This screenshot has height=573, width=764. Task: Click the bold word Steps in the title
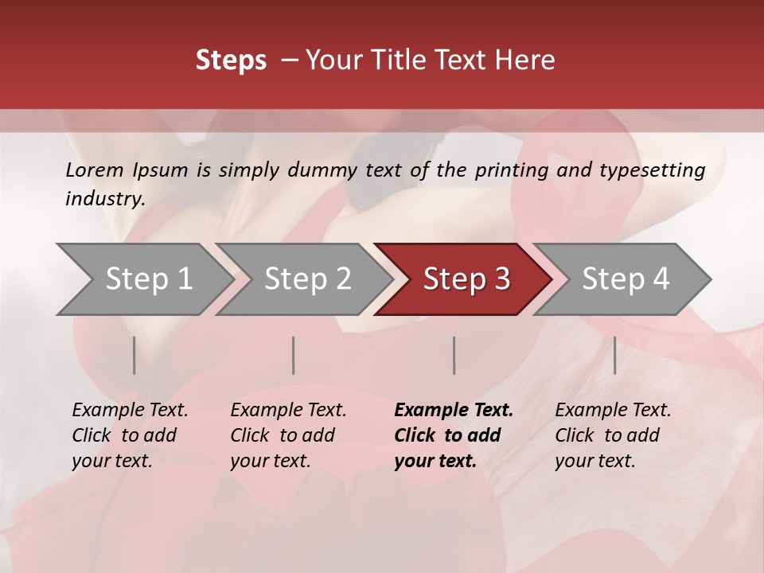click(231, 60)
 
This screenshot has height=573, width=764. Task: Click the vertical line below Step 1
click(134, 355)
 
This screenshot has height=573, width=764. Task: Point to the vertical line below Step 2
click(294, 355)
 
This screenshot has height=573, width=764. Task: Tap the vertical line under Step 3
click(454, 355)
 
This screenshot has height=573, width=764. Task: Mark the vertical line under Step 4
click(614, 355)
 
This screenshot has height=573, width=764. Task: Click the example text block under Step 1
click(130, 435)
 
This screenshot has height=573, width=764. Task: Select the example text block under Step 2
click(288, 435)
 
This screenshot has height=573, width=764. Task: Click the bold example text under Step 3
click(454, 435)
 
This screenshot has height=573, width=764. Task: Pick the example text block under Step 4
click(613, 435)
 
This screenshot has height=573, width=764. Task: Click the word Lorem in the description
click(94, 170)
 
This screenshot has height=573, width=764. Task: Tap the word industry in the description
click(105, 199)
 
